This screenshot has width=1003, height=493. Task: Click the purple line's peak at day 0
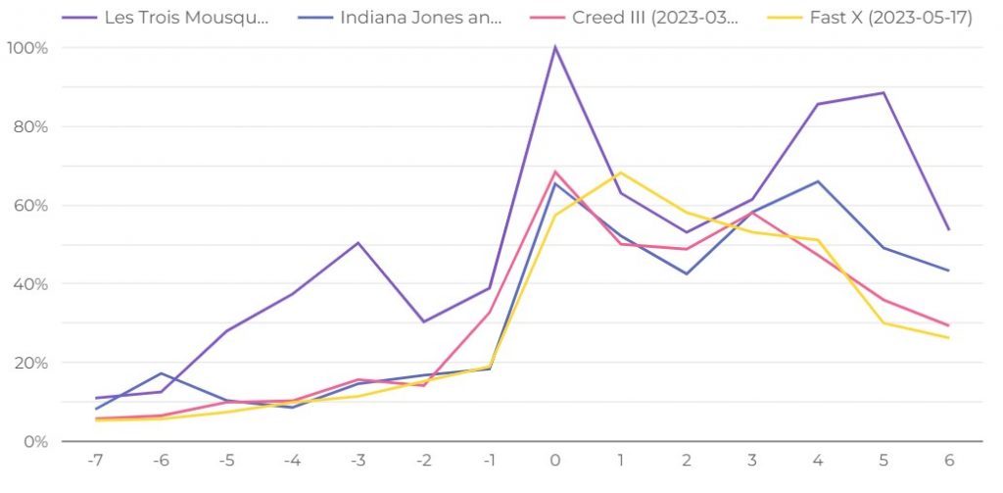555,47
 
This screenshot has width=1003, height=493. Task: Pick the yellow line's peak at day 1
621,173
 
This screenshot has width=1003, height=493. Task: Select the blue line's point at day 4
818,181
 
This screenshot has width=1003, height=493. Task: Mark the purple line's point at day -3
358,242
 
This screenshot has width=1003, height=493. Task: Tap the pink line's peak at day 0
555,172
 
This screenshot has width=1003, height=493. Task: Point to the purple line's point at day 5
884,92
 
